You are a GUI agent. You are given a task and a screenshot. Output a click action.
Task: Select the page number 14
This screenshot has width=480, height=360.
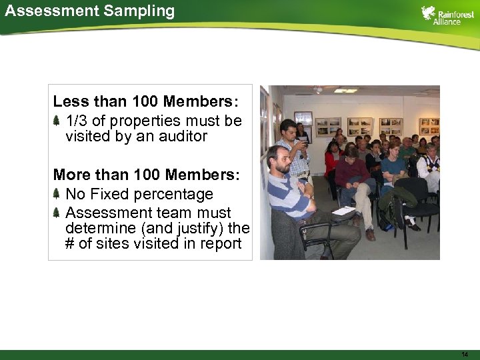tap(464, 353)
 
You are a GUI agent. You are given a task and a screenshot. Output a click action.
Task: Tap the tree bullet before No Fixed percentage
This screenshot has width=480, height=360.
tap(57, 194)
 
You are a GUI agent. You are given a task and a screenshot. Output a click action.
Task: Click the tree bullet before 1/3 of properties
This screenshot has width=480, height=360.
tap(57, 121)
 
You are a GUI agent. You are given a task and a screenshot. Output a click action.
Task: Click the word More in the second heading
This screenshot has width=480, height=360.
tap(71, 175)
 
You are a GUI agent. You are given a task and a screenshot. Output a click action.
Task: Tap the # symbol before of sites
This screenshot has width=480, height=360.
tap(69, 244)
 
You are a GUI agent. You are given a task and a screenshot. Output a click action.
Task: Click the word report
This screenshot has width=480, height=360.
tap(219, 244)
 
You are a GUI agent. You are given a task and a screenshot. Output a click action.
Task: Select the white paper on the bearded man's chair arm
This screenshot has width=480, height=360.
tap(344, 211)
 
